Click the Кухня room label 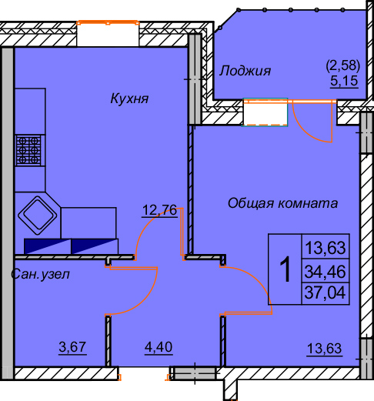tap(129, 99)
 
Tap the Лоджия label tap(245, 71)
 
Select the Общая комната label tap(282, 204)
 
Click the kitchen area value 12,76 tap(160, 209)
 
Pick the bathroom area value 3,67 tap(73, 348)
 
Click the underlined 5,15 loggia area tap(345, 79)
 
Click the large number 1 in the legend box tap(284, 270)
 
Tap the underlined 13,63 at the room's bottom tap(323, 348)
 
